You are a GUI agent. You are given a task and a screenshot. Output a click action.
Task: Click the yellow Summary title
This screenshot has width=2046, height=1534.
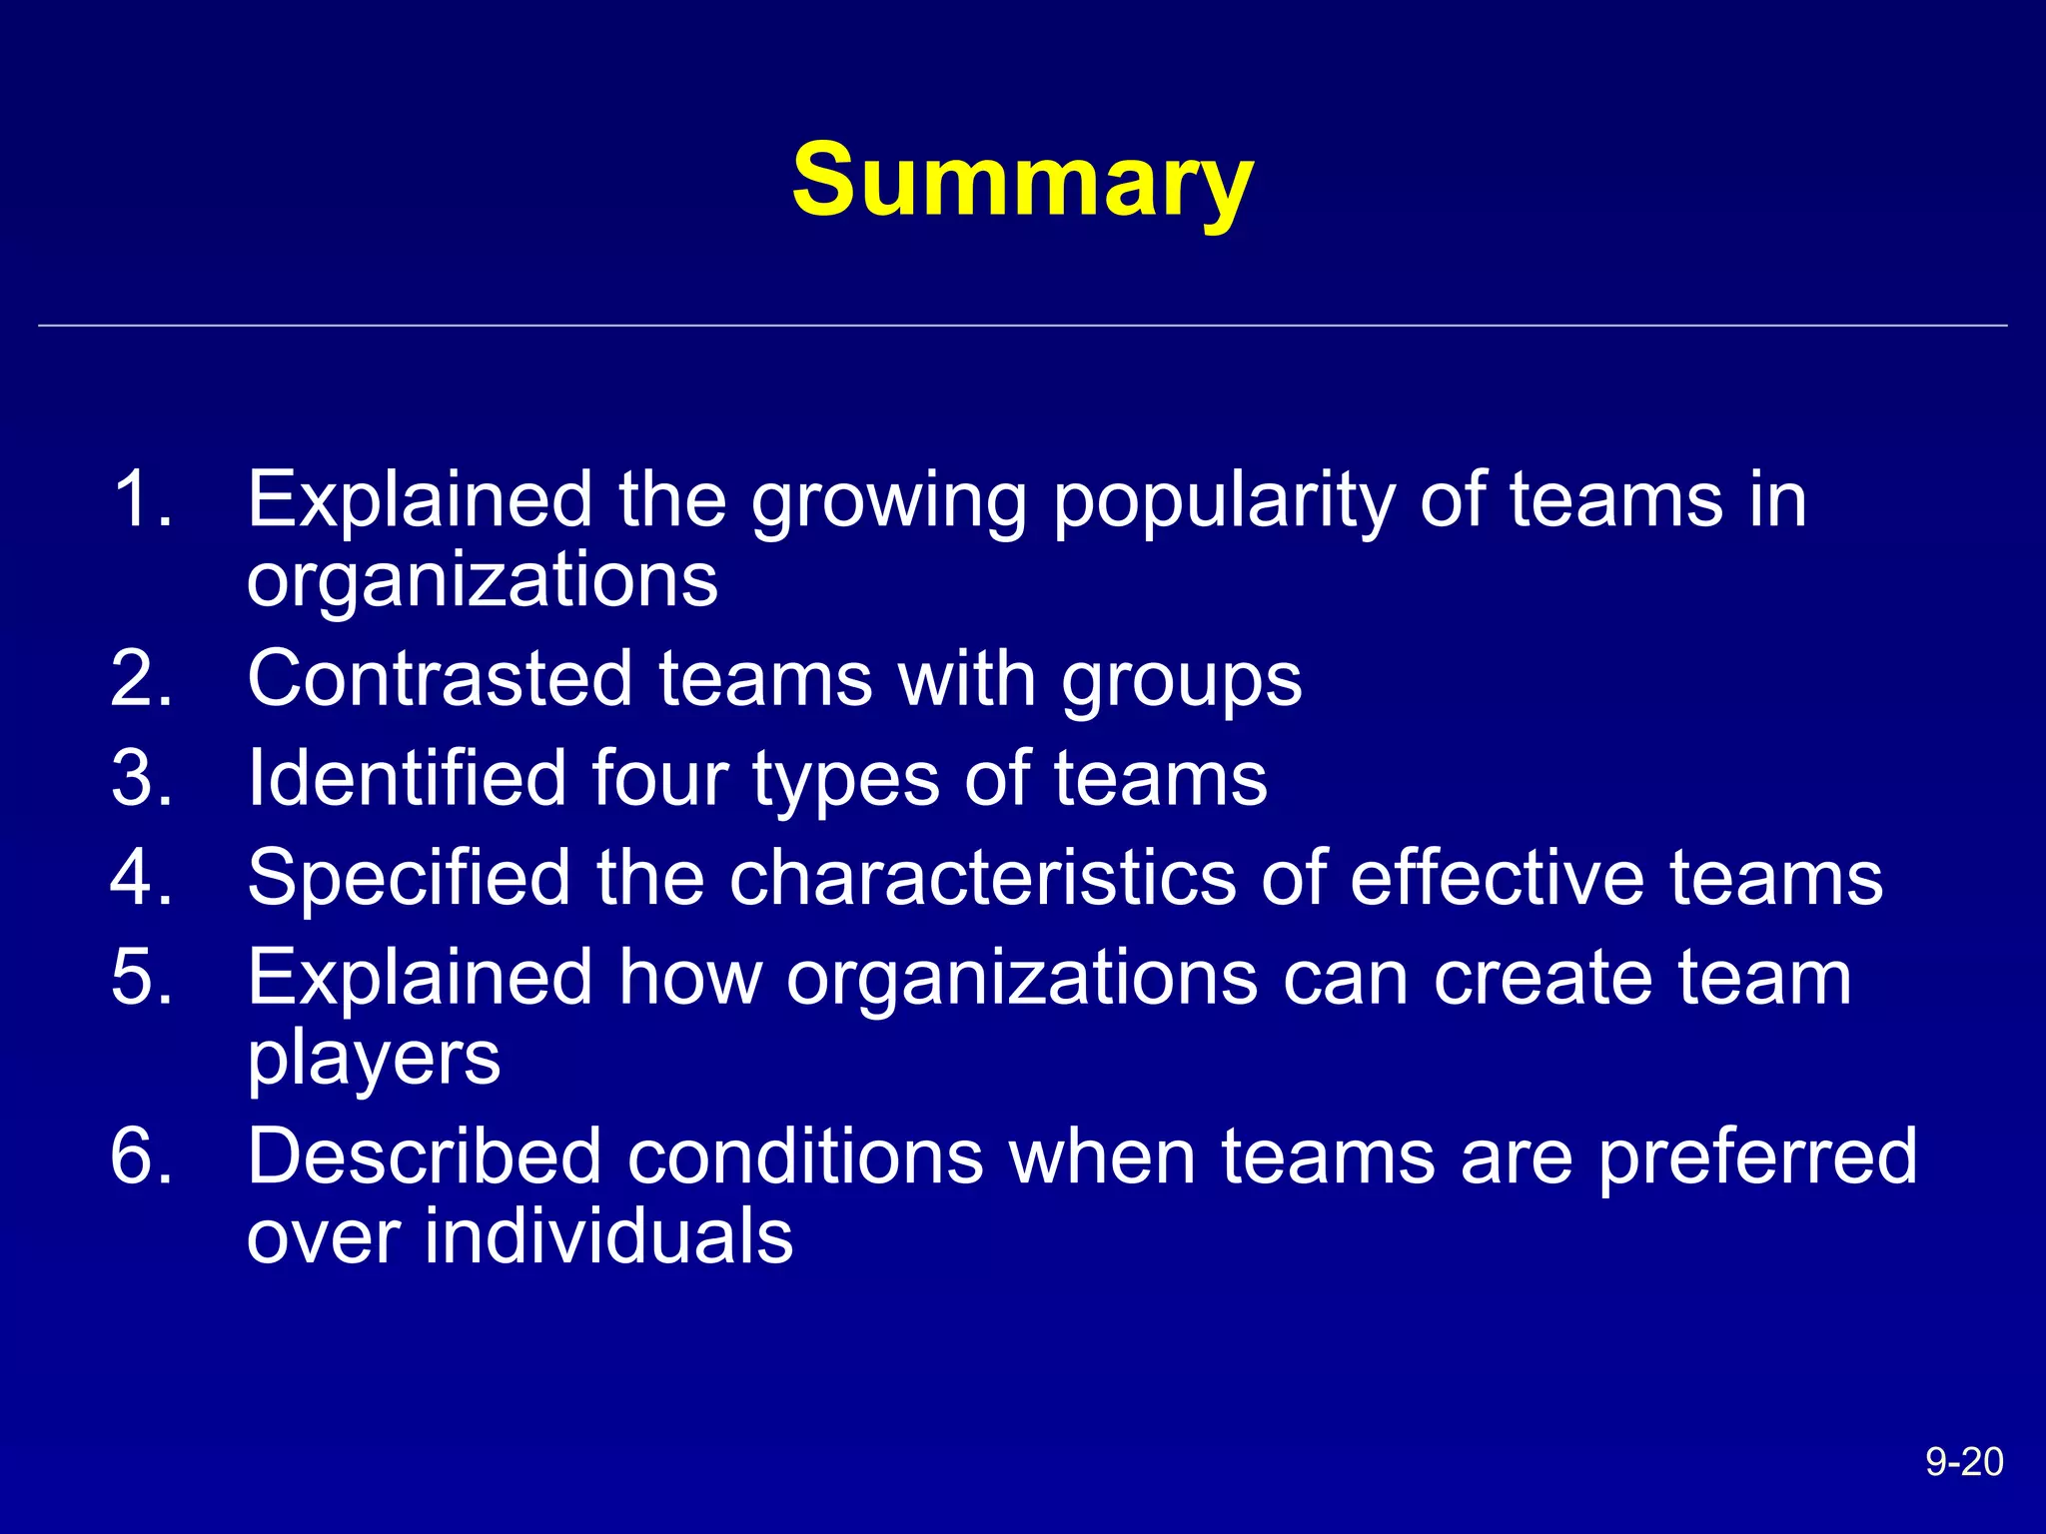coord(1022,181)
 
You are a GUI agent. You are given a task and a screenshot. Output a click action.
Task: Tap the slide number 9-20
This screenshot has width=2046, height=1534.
coord(1963,1462)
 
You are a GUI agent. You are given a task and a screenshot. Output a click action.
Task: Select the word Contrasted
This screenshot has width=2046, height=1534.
coord(440,678)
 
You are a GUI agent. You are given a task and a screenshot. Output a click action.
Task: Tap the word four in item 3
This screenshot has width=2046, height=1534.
coord(659,778)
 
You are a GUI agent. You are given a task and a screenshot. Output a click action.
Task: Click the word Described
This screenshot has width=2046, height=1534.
coord(424,1156)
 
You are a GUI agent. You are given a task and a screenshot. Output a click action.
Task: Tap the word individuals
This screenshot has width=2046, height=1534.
coord(608,1236)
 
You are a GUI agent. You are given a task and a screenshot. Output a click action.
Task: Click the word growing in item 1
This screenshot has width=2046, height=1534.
coord(888,502)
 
